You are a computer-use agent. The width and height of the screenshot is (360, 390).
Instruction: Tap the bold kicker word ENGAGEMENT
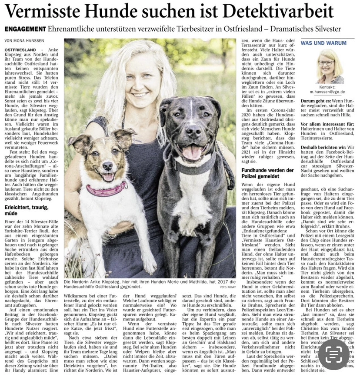(25, 29)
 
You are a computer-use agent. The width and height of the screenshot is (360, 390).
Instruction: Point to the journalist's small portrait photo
(330, 66)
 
